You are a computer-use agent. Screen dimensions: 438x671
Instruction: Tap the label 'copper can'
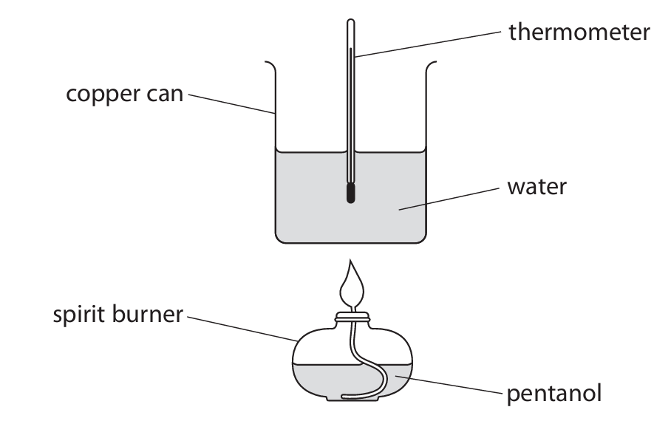tap(124, 96)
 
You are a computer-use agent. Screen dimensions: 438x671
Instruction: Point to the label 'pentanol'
tap(554, 392)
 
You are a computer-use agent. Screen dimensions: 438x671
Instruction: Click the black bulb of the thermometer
tap(350, 194)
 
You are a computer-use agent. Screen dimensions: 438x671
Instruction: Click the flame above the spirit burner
tap(352, 285)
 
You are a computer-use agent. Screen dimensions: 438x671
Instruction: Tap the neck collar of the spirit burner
tap(352, 318)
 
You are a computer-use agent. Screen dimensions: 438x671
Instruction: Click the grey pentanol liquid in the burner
tap(318, 380)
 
